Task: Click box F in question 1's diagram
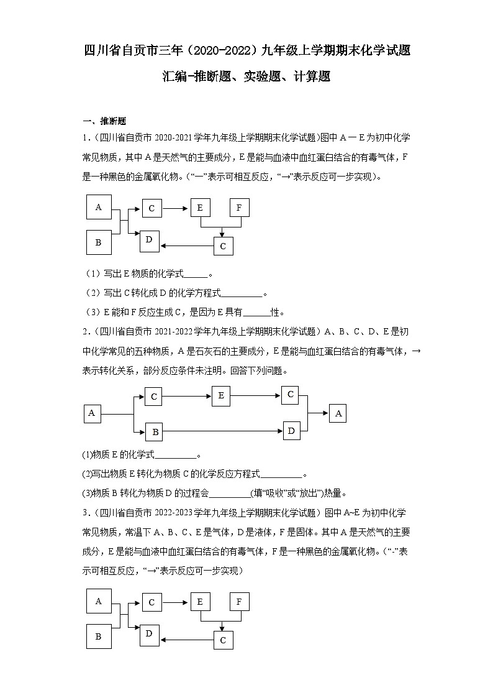(239, 208)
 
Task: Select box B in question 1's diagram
(99, 242)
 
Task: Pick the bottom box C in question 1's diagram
(223, 246)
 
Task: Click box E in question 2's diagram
(220, 395)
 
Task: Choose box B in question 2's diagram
(155, 431)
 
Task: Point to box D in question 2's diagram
(291, 430)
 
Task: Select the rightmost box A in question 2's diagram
(338, 413)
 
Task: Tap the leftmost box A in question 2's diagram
(93, 413)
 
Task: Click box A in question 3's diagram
(99, 601)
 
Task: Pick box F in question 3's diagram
(239, 602)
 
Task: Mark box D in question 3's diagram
(149, 634)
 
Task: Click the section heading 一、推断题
(104, 121)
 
